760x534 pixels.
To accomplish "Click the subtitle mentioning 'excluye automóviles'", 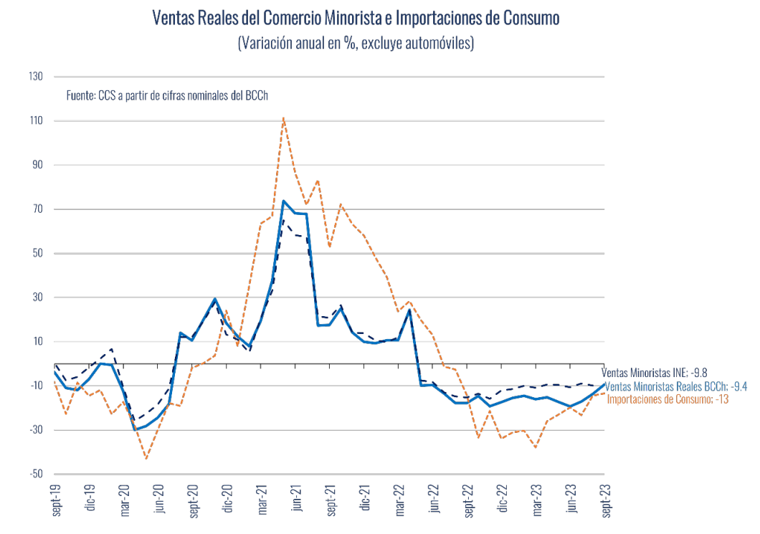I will coord(356,44).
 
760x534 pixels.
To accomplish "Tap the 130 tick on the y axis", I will coord(35,77).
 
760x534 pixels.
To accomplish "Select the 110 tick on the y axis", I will coord(35,121).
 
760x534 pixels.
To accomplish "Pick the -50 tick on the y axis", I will coord(35,475).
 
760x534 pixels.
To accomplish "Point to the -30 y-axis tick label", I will coord(35,430).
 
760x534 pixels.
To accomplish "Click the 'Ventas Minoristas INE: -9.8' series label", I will coord(654,373).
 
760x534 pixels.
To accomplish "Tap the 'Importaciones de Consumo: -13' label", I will coord(668,399).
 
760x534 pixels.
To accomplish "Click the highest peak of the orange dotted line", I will coord(284,118).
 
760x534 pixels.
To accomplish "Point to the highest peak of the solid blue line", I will coord(283,201).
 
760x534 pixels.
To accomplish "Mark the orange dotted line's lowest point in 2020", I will coord(146,458).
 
